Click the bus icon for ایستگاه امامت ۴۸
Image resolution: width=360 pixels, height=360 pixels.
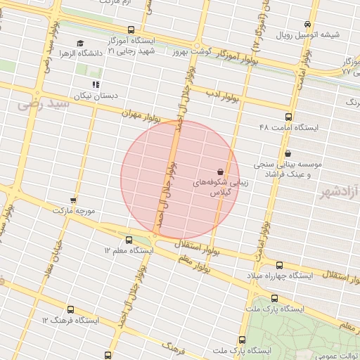tap(288, 117)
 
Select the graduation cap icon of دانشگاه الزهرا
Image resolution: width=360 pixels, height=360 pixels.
tap(79, 44)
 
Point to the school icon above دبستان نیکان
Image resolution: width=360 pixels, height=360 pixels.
tap(96, 84)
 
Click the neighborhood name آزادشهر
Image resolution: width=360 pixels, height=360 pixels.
tap(337, 191)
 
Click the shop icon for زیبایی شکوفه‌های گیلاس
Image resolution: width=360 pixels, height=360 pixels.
tap(221, 171)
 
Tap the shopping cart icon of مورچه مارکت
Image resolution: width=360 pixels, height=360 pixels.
tap(73, 200)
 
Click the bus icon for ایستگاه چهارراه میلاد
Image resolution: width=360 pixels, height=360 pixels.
tap(279, 264)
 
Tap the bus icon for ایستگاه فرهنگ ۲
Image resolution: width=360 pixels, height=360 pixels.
tap(70, 309)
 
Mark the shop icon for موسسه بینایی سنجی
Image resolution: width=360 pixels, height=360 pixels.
tap(288, 153)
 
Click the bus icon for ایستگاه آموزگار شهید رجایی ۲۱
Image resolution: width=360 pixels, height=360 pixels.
tap(112, 30)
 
